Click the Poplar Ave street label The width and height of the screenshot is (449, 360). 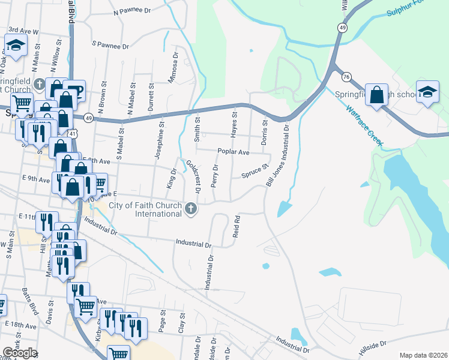coord(234,152)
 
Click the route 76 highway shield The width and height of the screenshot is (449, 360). coord(346,77)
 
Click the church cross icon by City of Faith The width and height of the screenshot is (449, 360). coord(191,209)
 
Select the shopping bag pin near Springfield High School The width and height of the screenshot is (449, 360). coord(376,95)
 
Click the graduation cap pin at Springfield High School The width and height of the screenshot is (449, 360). coord(427,92)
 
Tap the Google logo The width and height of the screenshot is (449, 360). coord(20,353)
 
